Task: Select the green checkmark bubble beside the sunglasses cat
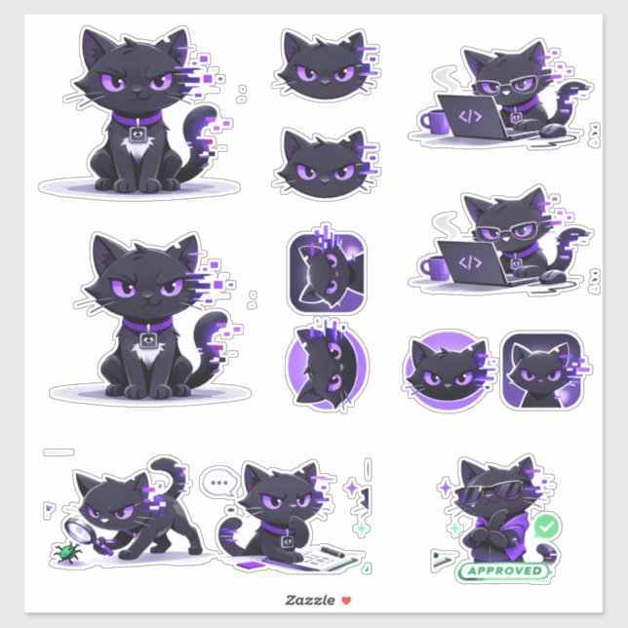point(548,527)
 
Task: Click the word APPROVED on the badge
point(505,571)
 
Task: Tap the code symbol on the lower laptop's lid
point(471,262)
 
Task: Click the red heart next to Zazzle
point(333,601)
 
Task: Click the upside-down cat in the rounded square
point(325,272)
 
